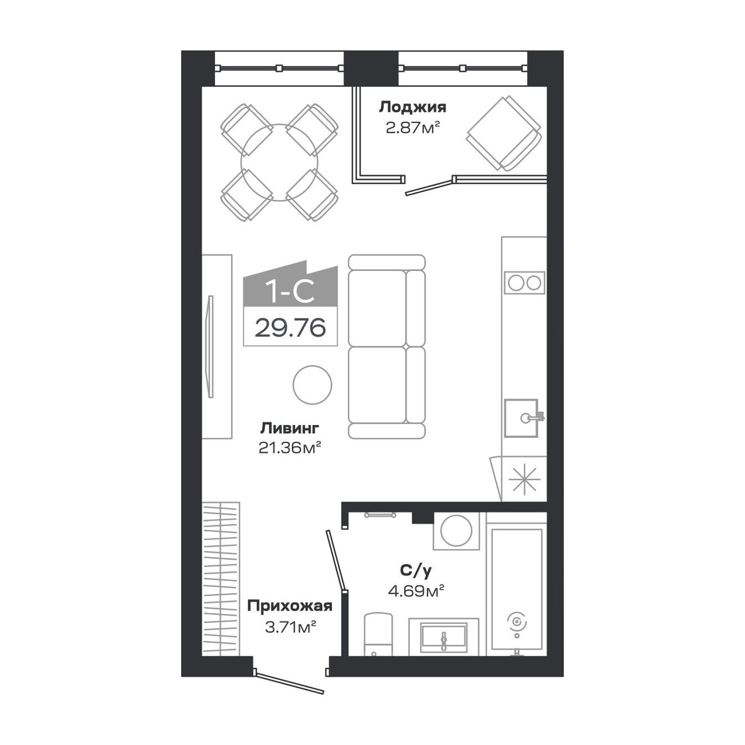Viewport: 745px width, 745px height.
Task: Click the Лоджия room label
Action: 412,107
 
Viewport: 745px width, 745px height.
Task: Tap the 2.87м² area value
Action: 412,128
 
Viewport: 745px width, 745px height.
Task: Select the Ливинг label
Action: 290,427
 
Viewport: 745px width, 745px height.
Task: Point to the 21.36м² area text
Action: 290,448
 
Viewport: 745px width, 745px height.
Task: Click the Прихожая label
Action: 290,607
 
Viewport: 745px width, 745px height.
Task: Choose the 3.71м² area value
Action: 290,626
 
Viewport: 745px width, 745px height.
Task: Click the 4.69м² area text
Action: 415,591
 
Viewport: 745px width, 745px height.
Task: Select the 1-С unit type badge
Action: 290,291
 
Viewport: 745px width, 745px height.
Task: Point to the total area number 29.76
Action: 290,327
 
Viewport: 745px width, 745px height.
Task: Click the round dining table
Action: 279,163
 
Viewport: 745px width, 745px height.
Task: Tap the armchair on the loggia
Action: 504,133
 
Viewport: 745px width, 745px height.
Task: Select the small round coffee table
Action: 312,384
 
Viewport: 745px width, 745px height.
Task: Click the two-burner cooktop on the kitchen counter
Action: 524,282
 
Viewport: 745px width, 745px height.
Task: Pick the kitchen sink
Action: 521,418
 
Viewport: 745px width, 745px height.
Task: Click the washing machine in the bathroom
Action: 456,531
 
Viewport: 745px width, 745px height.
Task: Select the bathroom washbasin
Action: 444,638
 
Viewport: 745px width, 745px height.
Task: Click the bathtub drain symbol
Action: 517,621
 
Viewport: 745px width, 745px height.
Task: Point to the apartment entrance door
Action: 289,681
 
